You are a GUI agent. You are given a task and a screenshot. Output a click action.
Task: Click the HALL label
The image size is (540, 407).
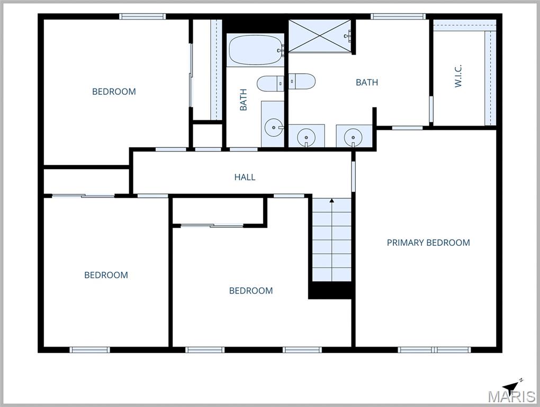tap(245, 177)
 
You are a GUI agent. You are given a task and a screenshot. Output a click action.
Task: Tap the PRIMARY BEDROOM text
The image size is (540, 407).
tap(428, 243)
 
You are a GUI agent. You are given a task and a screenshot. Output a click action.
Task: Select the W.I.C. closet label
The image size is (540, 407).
tap(458, 76)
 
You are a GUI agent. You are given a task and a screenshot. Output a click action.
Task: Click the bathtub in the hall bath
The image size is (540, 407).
tap(255, 50)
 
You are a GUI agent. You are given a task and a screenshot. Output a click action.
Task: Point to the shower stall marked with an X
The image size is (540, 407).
tap(320, 36)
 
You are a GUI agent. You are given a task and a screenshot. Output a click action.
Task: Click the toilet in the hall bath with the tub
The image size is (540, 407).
tap(270, 83)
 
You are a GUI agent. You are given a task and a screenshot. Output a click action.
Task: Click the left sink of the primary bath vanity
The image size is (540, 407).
tap(306, 138)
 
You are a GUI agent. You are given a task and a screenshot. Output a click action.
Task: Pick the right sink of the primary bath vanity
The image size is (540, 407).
tap(353, 138)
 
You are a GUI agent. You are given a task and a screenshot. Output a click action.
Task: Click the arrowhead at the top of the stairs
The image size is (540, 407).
tap(332, 201)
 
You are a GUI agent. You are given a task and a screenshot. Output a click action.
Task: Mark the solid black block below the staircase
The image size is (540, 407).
tap(331, 290)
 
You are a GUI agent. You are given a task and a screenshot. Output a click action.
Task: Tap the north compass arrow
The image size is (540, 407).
tap(511, 385)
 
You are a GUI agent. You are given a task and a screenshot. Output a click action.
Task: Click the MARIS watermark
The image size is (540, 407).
tap(511, 397)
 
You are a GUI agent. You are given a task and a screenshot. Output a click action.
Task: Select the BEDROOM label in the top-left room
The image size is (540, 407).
tap(114, 92)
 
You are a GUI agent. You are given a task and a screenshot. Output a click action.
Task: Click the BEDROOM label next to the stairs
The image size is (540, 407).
tap(251, 290)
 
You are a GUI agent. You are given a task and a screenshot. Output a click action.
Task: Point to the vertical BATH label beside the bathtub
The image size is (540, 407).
tap(244, 100)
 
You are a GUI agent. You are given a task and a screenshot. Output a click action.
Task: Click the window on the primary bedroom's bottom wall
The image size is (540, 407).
tap(434, 350)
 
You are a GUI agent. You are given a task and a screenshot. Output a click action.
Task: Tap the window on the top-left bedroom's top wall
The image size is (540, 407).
tap(143, 16)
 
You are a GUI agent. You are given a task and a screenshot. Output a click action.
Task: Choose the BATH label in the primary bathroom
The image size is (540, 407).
tap(366, 82)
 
